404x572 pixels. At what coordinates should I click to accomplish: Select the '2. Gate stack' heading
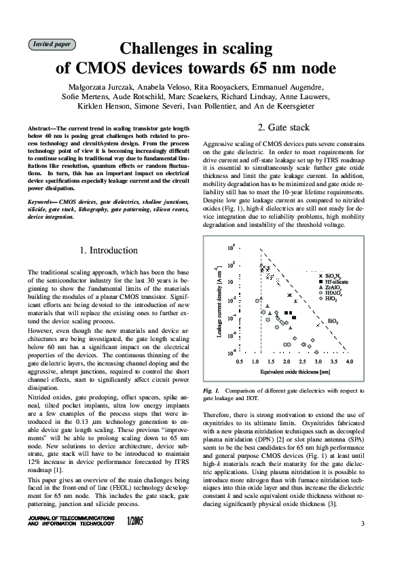coord(284,128)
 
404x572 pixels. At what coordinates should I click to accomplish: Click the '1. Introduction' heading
coord(109,251)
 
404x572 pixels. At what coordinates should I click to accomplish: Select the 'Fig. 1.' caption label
coord(211,392)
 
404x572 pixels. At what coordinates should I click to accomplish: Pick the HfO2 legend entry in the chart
coord(331,299)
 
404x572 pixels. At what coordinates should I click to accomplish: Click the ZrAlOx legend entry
coord(333,287)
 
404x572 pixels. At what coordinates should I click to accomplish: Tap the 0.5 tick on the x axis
coord(240,363)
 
